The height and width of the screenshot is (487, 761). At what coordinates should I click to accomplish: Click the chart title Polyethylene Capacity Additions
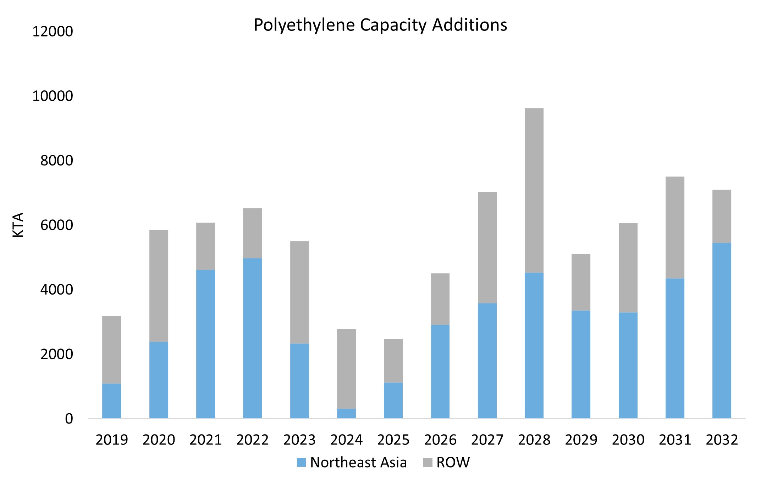(x=380, y=25)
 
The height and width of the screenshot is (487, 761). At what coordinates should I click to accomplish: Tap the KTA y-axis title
(x=18, y=225)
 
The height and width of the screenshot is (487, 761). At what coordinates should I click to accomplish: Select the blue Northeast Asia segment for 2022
(x=252, y=338)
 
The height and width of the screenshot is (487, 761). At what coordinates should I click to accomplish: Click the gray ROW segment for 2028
(x=534, y=190)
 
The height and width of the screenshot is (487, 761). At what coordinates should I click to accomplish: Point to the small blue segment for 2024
(x=346, y=414)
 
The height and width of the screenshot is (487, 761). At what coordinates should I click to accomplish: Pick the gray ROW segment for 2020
(x=159, y=286)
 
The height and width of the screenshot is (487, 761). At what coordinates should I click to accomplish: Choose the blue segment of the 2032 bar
(x=722, y=330)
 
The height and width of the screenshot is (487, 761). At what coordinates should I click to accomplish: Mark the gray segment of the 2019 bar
(x=111, y=349)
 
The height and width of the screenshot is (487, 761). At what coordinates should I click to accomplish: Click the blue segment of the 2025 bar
(x=393, y=401)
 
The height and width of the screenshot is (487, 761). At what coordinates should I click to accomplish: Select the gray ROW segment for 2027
(x=487, y=247)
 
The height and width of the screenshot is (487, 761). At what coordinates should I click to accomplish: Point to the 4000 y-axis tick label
(x=56, y=290)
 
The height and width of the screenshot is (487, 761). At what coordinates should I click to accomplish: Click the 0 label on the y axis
(x=69, y=419)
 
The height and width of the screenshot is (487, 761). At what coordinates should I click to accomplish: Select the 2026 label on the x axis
(x=440, y=440)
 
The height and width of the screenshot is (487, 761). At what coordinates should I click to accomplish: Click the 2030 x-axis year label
(x=628, y=440)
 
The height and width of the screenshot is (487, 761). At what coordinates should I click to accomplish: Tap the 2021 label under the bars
(x=205, y=440)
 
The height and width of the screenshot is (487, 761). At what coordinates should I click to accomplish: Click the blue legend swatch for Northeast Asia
(x=301, y=463)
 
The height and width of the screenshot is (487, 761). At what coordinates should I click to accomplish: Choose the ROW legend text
(x=453, y=463)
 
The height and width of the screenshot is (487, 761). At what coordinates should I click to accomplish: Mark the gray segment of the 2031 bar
(x=675, y=228)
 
